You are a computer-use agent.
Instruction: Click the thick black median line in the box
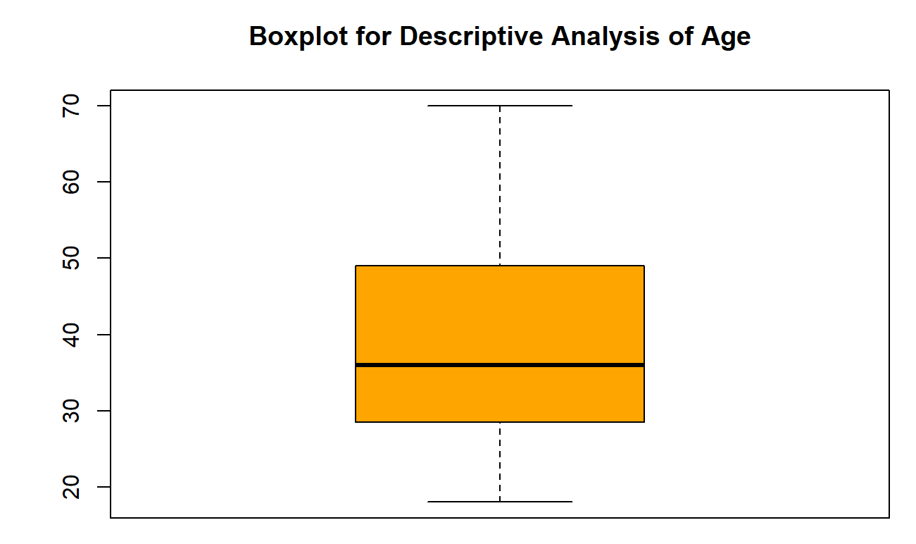click(500, 365)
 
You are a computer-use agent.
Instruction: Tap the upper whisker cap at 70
click(500, 106)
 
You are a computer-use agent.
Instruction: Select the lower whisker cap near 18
click(500, 502)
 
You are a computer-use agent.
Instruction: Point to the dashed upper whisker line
click(500, 183)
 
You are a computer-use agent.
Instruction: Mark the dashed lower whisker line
click(500, 462)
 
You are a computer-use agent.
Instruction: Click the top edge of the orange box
click(500, 266)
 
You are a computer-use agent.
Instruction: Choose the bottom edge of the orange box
click(500, 422)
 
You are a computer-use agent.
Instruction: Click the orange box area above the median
click(500, 314)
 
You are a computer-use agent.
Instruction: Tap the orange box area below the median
click(500, 395)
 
